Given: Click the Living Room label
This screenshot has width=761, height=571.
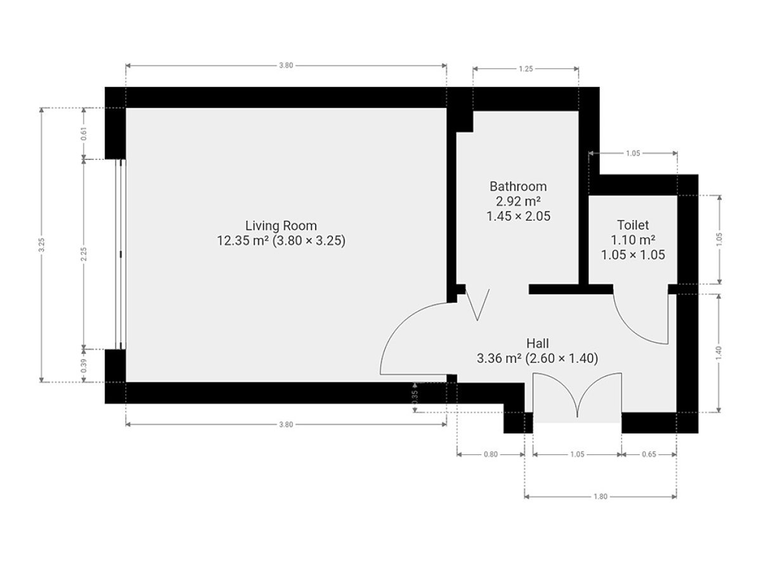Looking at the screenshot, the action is click(281, 226).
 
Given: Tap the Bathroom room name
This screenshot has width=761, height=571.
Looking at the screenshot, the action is click(518, 187).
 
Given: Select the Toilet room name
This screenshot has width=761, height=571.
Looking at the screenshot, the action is click(633, 225).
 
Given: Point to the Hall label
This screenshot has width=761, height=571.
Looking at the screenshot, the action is click(537, 343).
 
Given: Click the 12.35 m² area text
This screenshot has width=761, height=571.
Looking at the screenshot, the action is click(243, 240).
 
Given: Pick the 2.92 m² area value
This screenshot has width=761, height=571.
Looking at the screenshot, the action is click(518, 201).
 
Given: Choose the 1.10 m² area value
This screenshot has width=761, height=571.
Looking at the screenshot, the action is click(633, 240).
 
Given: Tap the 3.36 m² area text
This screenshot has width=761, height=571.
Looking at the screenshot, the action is click(499, 358).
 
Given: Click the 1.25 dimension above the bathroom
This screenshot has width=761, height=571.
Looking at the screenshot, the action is click(526, 69).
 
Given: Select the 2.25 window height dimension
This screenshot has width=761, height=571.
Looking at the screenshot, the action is click(84, 254).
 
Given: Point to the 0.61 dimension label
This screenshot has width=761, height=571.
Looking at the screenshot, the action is click(84, 134).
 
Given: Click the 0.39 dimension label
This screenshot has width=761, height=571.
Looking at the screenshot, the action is click(84, 366).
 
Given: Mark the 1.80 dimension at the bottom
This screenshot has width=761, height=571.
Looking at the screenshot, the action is click(600, 497).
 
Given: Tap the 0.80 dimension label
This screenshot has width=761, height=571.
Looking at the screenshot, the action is click(491, 454).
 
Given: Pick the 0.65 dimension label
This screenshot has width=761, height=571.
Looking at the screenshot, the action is click(649, 454).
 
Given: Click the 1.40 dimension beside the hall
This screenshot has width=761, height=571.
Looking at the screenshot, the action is click(719, 353).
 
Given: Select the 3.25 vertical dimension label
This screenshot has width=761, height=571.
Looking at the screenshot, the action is click(42, 245).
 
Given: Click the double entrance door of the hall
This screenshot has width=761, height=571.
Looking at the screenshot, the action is click(577, 395).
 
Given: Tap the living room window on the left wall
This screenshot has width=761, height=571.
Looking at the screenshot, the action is click(120, 254).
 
